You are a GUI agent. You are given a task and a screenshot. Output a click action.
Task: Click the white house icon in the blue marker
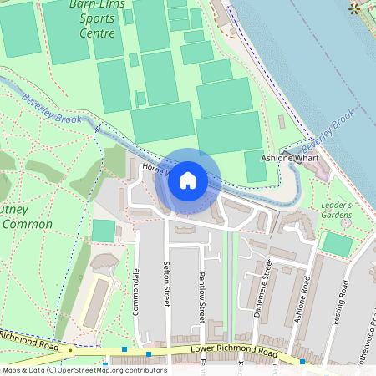(x=188, y=180)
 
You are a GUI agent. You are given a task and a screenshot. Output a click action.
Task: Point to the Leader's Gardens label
(x=336, y=210)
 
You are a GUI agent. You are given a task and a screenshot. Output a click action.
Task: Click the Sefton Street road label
(x=166, y=284)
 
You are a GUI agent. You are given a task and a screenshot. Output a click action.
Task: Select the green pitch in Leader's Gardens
(x=338, y=244)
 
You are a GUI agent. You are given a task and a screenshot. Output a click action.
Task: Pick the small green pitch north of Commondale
(x=104, y=231)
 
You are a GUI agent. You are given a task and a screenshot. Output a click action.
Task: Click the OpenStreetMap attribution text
(x=84, y=369)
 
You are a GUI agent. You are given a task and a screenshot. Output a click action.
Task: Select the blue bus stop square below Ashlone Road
(x=303, y=362)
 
